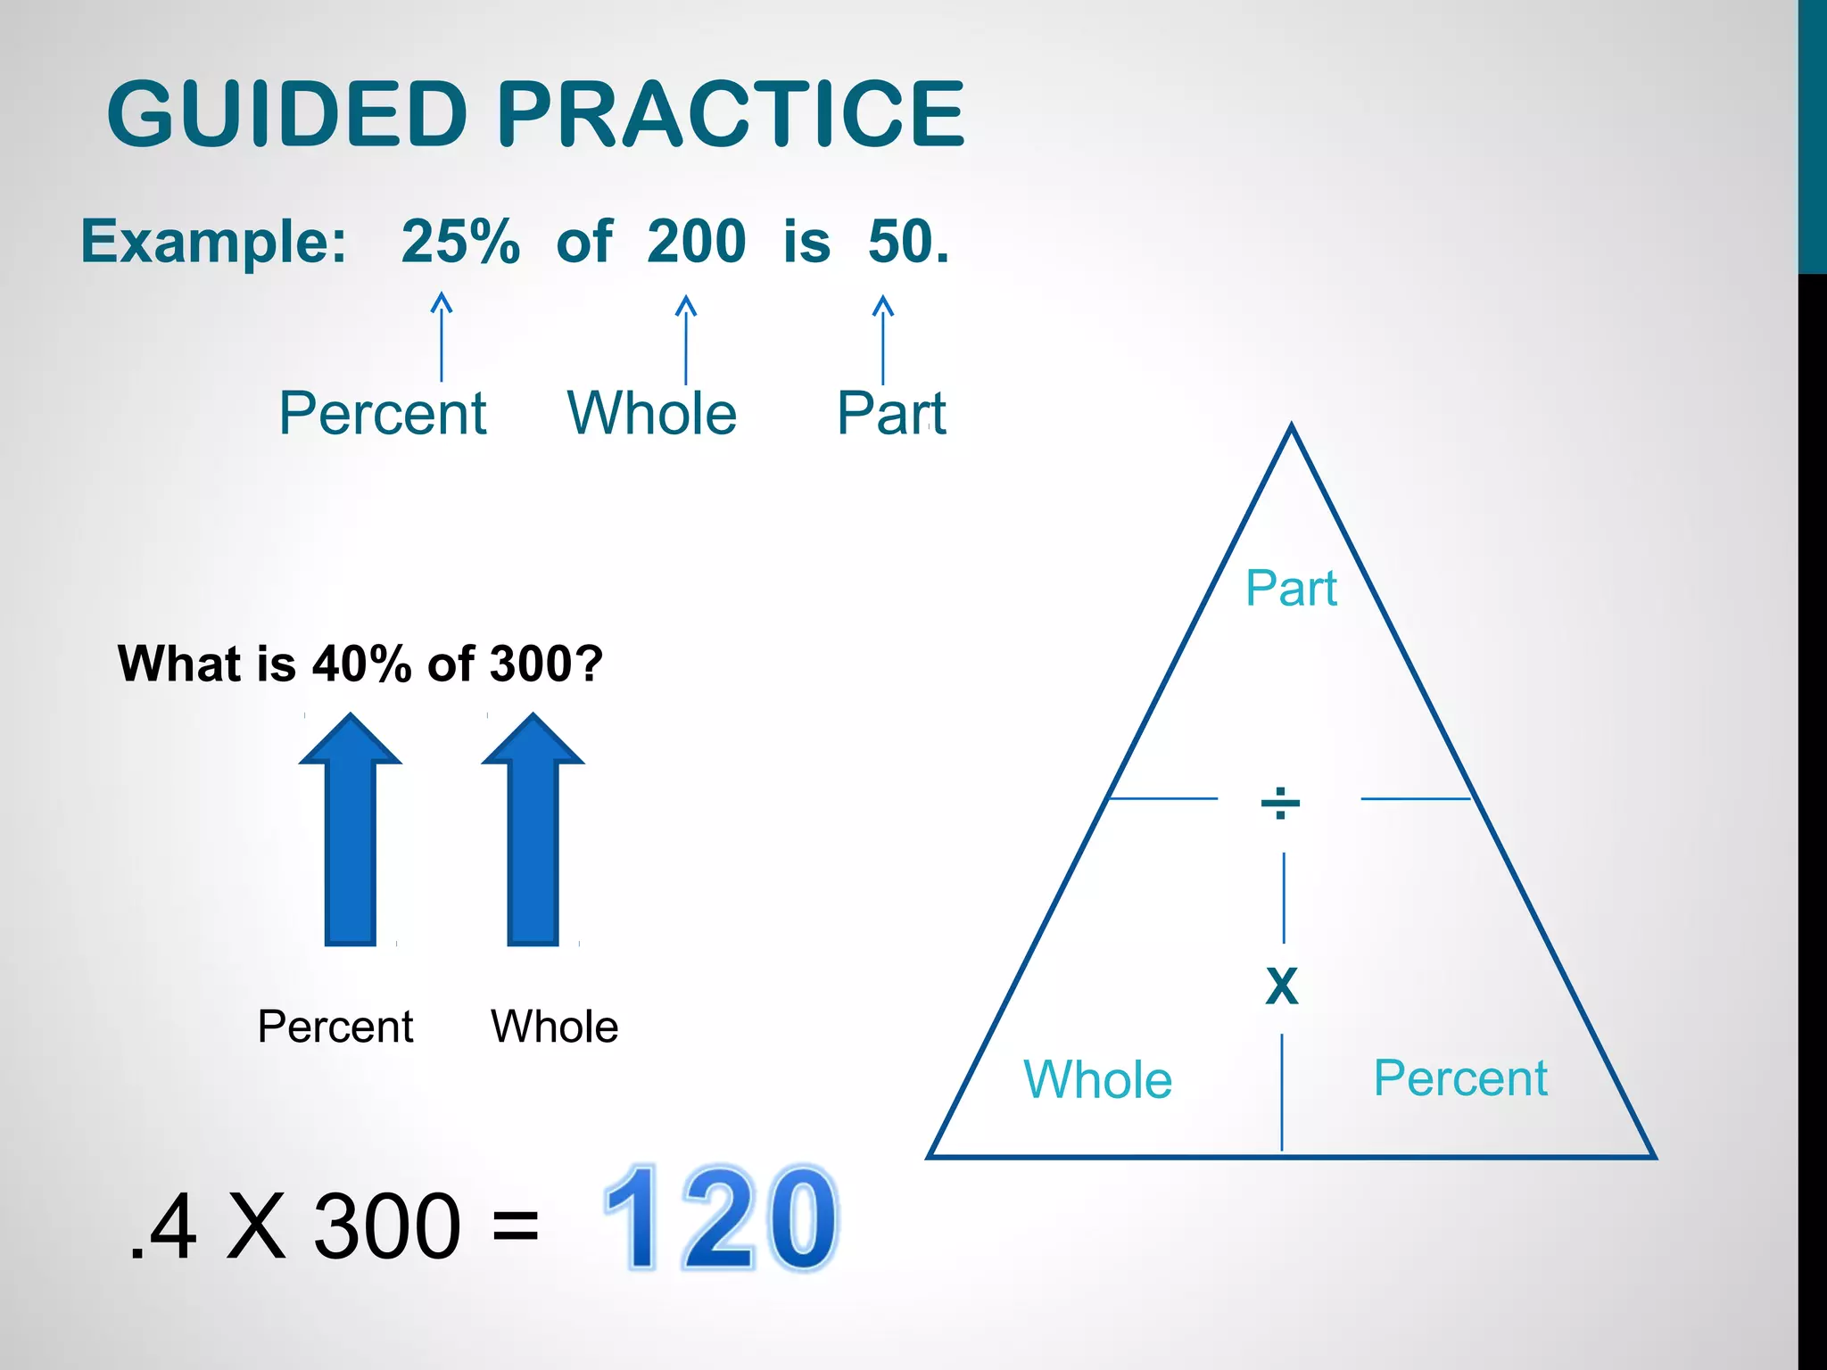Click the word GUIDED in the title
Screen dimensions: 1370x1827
[x=287, y=114]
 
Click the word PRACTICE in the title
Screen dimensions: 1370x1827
[x=730, y=114]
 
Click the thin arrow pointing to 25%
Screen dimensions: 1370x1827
[x=442, y=337]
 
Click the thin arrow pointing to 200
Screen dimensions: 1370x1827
[x=685, y=339]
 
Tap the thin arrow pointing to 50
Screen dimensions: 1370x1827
[x=883, y=339]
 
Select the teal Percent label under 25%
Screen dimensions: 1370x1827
[x=383, y=413]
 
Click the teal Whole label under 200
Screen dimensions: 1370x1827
[x=652, y=413]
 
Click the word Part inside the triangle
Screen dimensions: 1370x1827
[x=1291, y=589]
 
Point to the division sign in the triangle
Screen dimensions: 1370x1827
[x=1280, y=803]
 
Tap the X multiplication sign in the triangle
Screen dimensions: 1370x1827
[x=1282, y=986]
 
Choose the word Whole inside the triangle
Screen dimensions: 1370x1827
[x=1097, y=1079]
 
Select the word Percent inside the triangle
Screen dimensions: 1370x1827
[x=1460, y=1077]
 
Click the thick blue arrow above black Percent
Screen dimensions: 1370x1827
[x=351, y=829]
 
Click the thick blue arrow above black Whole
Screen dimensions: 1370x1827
[x=533, y=829]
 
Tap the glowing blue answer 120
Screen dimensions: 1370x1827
[x=721, y=1218]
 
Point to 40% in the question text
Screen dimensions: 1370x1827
[x=362, y=664]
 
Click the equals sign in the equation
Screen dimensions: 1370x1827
[x=515, y=1224]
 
